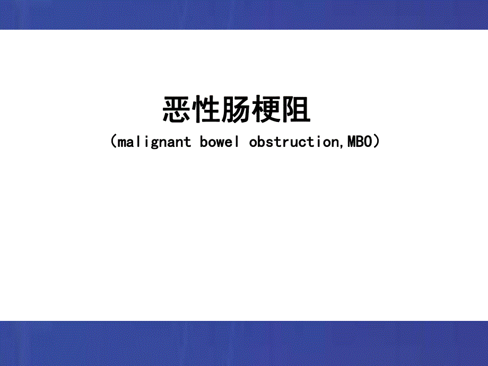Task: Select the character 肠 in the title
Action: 237,110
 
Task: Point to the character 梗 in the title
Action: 266,110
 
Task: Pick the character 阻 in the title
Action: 296,110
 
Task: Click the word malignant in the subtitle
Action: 154,142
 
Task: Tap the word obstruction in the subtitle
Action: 293,142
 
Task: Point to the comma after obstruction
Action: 342,145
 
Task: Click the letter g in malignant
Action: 150,143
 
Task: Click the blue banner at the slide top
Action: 244,14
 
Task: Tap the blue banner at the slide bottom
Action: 244,343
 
